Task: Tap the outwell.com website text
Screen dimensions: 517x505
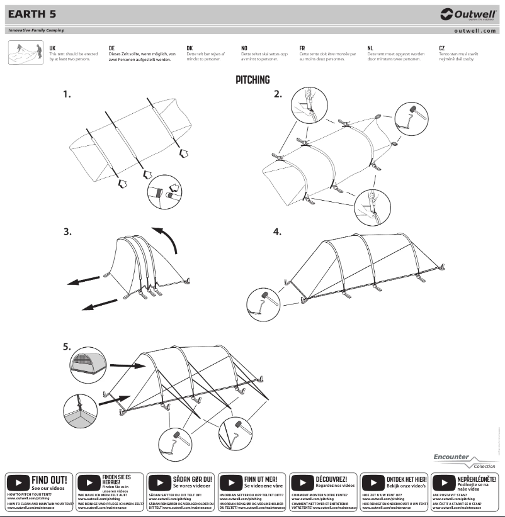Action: [475, 30]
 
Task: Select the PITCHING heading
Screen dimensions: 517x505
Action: [252, 80]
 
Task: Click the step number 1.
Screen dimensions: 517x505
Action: [66, 94]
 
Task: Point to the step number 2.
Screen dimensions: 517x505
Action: [278, 94]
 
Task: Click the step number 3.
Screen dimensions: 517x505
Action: [67, 231]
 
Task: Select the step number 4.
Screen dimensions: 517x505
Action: [277, 231]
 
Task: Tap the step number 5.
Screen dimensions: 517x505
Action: [67, 347]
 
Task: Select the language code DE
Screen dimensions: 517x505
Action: [111, 48]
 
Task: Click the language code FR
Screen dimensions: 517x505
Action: [302, 48]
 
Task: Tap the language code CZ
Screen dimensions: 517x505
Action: [442, 48]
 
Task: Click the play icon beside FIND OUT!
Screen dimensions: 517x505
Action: [18, 483]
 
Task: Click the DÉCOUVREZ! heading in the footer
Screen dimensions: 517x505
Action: [331, 479]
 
